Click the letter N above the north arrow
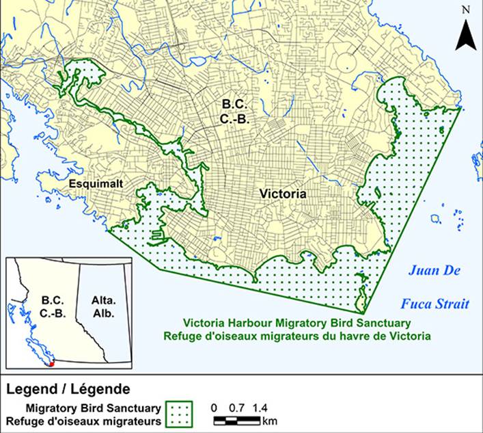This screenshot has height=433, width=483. pos(465,10)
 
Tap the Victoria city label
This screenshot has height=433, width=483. pos(283,194)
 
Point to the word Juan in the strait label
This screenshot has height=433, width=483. pos(426,270)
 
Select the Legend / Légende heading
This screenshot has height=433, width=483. pos(68,389)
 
